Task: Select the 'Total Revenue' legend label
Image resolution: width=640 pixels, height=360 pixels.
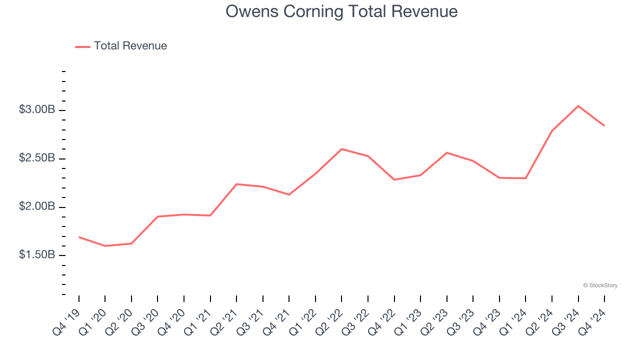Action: click(130, 46)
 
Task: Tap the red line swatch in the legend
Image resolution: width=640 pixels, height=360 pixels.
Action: click(82, 46)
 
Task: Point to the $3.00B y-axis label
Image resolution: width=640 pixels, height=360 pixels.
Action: click(36, 109)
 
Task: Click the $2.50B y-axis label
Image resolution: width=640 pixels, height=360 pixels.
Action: click(36, 158)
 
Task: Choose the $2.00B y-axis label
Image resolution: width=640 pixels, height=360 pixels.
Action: click(36, 206)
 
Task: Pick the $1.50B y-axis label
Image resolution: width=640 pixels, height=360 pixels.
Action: click(36, 254)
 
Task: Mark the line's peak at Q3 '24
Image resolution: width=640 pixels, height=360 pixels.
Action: click(578, 106)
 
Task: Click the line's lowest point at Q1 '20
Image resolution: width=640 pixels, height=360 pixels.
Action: click(105, 246)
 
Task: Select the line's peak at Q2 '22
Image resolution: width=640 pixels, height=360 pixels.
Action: click(341, 149)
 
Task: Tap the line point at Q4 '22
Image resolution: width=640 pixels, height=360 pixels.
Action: click(394, 179)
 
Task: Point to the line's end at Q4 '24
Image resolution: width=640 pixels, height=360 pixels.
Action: click(604, 125)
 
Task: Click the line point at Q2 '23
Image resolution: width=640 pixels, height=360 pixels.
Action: click(446, 152)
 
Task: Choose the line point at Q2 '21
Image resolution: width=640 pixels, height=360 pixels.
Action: click(236, 184)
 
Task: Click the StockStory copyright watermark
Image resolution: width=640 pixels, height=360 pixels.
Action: click(600, 285)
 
